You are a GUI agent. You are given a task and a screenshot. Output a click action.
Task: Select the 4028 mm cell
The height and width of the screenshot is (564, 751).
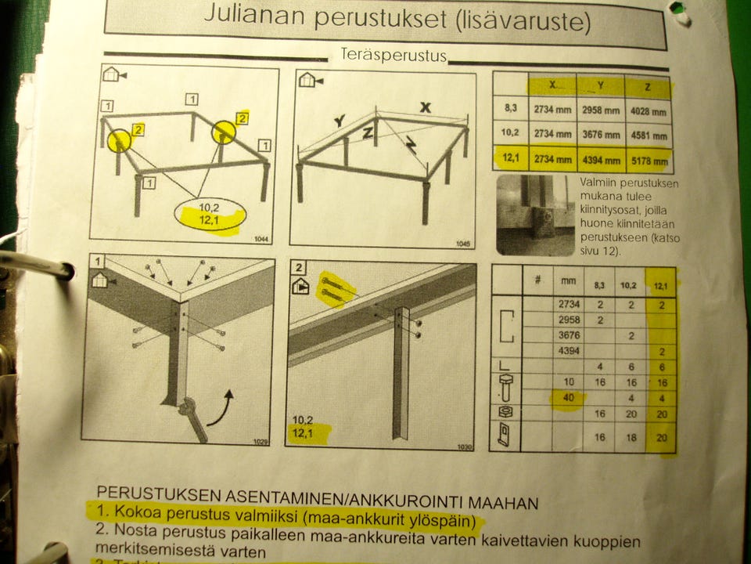click(649, 111)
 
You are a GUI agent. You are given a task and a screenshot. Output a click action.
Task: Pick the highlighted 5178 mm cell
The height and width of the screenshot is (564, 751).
click(649, 161)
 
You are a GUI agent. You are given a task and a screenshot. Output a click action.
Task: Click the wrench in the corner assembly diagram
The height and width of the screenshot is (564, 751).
click(192, 418)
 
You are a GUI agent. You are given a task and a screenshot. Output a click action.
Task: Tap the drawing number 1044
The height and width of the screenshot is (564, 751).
click(261, 236)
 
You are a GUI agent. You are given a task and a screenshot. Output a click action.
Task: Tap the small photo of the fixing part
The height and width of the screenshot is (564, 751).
click(535, 214)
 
